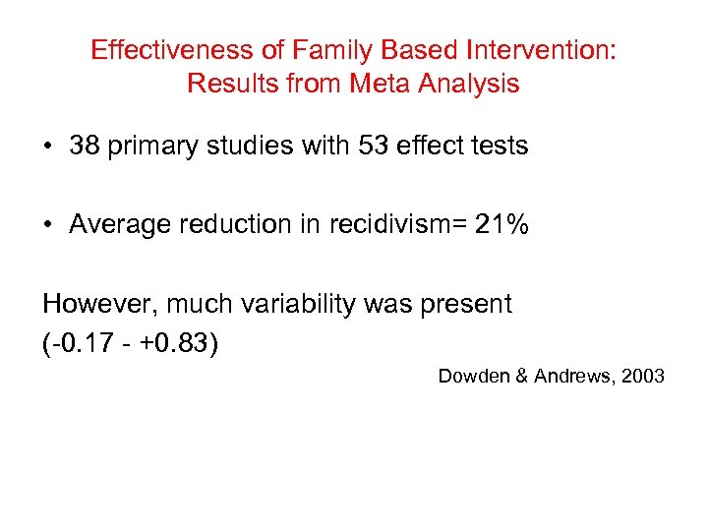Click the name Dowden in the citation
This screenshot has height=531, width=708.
click(x=473, y=377)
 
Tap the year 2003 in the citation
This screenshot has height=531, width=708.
click(x=644, y=377)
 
